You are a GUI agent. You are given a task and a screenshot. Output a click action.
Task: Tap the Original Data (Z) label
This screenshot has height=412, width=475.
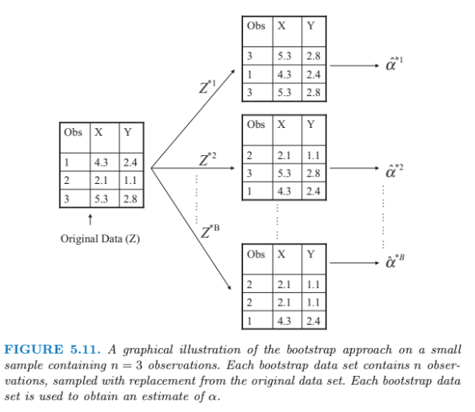(x=100, y=238)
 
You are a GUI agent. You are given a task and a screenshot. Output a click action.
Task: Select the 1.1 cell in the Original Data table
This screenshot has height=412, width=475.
(x=129, y=180)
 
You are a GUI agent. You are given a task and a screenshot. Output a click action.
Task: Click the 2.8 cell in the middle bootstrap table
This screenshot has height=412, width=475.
(x=313, y=172)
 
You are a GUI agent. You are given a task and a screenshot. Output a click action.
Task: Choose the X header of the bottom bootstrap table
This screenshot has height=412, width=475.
(x=281, y=254)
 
